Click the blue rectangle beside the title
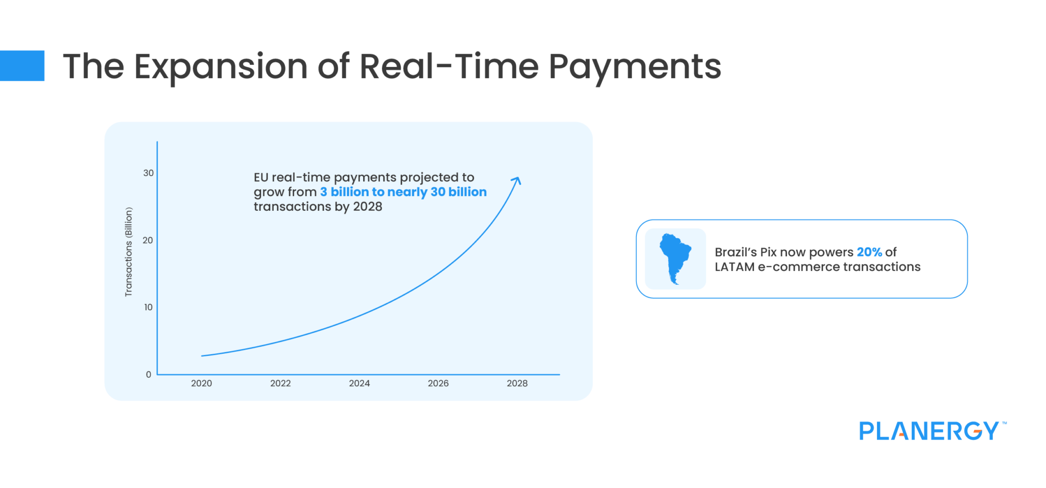(22, 65)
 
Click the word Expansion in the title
(221, 67)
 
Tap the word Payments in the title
(634, 67)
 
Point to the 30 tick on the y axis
(148, 173)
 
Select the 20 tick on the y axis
(148, 240)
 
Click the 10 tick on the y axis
(148, 307)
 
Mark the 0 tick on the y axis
(149, 375)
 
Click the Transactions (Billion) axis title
(129, 252)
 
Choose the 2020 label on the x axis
(201, 383)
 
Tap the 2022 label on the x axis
(280, 383)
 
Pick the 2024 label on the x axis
(359, 383)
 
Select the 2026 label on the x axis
(438, 383)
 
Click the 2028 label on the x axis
(517, 383)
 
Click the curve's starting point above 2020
(202, 356)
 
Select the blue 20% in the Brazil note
(869, 252)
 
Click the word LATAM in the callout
(734, 267)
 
